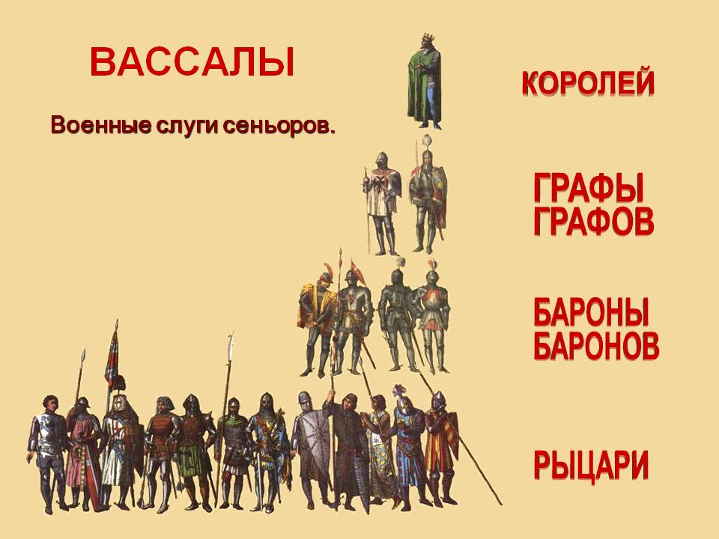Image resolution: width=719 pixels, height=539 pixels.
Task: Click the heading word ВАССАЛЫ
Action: [x=192, y=62]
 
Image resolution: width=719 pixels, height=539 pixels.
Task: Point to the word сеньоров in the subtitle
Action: [x=279, y=126]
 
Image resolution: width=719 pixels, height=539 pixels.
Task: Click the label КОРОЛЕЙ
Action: [x=589, y=82]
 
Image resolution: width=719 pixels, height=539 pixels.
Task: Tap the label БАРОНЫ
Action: [x=592, y=311]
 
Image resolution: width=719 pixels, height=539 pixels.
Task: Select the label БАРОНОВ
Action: [x=596, y=344]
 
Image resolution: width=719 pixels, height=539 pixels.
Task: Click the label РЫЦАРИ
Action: [x=591, y=465]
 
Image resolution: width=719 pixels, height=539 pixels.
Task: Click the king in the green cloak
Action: [x=425, y=82]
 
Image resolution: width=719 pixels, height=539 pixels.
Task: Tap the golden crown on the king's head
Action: [x=428, y=37]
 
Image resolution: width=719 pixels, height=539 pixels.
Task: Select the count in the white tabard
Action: [x=383, y=204]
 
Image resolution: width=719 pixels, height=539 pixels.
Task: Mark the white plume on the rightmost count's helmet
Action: [x=428, y=141]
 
